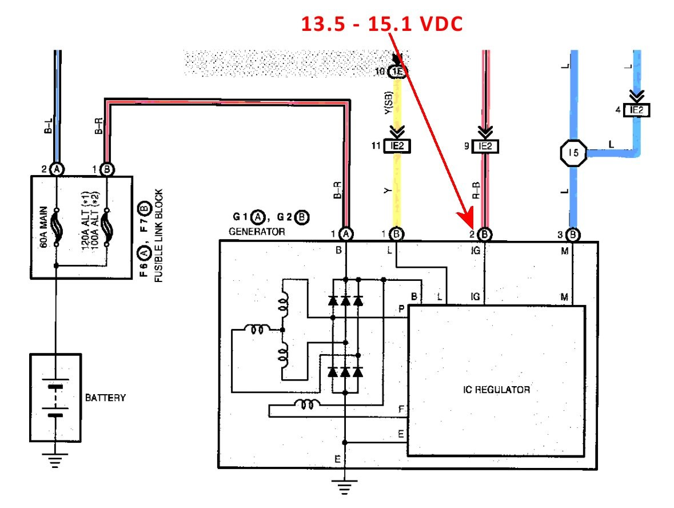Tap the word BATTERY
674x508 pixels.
(105, 398)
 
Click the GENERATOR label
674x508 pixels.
(257, 232)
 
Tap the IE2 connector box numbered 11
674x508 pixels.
(398, 146)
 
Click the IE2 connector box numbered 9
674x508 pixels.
(485, 146)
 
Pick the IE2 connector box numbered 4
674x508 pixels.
(637, 111)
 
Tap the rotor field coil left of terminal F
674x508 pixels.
(308, 406)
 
